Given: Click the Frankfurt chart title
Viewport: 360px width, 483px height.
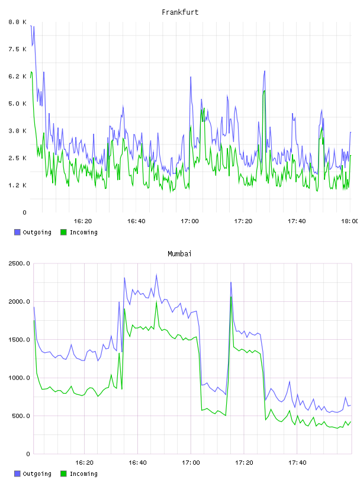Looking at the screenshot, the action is [x=180, y=12].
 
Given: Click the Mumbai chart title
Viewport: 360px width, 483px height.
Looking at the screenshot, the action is [x=179, y=254].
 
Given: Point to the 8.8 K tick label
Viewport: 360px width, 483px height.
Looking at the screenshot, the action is [x=17, y=22].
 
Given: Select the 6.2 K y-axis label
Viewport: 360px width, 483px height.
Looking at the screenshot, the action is [x=17, y=76].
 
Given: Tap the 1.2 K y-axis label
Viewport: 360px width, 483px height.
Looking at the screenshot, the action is [x=17, y=185].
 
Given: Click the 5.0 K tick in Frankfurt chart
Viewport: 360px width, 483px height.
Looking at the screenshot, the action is [x=17, y=104].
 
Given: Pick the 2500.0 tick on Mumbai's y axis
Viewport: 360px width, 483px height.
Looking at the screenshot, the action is [x=19, y=263].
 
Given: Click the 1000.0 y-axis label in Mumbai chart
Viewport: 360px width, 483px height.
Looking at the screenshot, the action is [x=19, y=378].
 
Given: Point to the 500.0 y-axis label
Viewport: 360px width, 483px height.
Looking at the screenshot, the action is [x=21, y=416].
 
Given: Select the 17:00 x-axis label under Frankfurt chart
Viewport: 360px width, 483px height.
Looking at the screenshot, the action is [x=189, y=221].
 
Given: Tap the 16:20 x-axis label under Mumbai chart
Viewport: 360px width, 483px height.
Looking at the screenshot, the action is [x=84, y=462].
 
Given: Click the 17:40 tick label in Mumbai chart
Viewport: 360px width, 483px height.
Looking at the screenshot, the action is [x=297, y=462].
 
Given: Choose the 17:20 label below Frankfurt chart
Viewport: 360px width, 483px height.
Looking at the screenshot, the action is [x=243, y=221].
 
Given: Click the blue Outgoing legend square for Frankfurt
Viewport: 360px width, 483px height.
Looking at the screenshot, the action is [x=17, y=232].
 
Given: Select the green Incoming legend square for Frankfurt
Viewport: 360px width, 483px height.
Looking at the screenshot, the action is [x=63, y=232].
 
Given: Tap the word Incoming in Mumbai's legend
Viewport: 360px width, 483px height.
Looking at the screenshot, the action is [x=83, y=474].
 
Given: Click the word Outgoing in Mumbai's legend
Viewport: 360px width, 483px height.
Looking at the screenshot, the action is [x=37, y=474].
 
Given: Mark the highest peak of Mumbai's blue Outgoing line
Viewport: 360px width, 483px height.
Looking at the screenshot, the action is [x=156, y=275].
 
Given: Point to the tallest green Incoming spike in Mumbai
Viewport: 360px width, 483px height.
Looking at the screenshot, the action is [x=231, y=297].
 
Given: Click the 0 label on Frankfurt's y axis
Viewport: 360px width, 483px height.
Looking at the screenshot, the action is [x=24, y=212].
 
